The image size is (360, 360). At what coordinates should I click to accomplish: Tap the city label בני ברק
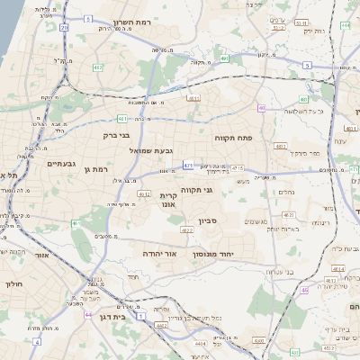pos(117,136)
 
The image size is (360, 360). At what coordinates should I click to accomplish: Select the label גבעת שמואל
pos(157,150)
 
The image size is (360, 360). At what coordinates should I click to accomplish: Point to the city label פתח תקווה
pos(232,138)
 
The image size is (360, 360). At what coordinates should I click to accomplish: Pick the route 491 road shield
pos(122,118)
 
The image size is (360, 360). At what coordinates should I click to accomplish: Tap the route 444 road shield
pos(346,25)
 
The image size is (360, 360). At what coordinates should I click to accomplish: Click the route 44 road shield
pos(88,315)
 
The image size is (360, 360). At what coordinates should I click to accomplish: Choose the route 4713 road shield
pos(237,167)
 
